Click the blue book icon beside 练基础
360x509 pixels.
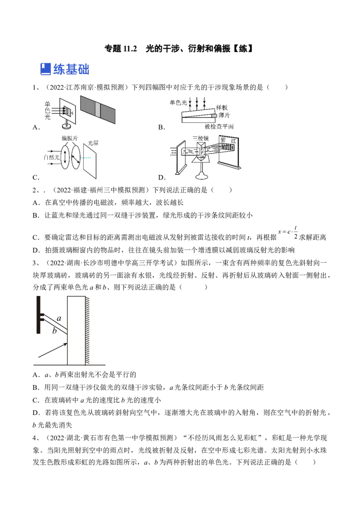coord(45,69)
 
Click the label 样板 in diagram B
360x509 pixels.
coord(222,107)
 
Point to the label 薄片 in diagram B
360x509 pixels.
coord(224,115)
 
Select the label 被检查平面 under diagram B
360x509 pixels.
coord(219,127)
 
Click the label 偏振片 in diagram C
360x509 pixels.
coord(70,138)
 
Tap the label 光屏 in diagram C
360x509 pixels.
coord(93,143)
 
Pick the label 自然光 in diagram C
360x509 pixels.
coord(52,157)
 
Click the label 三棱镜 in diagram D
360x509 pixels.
coord(200,138)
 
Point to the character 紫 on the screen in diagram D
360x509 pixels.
coord(223,140)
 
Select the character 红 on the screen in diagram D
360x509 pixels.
coord(233,141)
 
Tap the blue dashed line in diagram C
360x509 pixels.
coord(85,158)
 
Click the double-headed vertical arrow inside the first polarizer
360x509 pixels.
coord(65,157)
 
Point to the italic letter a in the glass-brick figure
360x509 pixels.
coord(59,318)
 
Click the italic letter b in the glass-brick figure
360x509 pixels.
coord(54,331)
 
